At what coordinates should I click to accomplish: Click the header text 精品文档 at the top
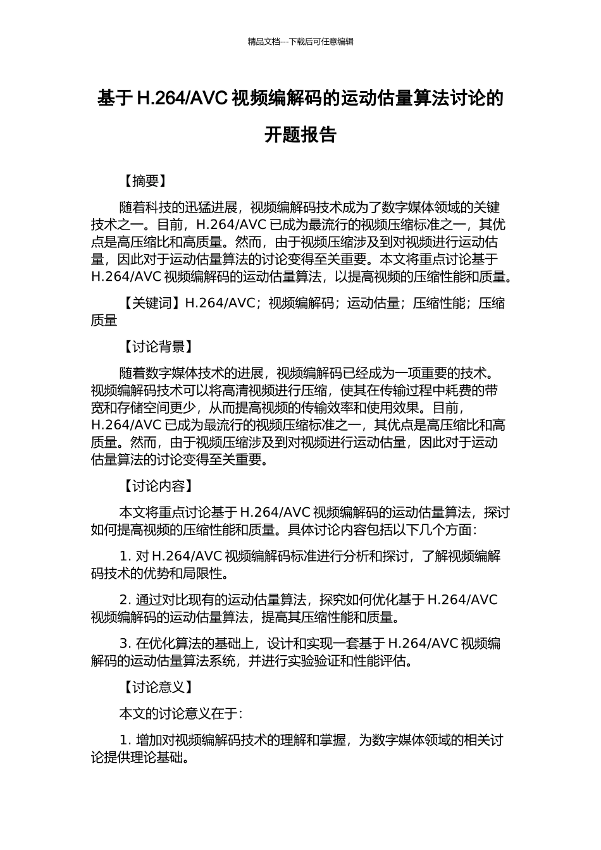(263, 42)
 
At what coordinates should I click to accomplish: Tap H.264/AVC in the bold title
(183, 99)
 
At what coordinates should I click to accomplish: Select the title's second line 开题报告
(300, 135)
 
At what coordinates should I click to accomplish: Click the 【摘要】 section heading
(145, 182)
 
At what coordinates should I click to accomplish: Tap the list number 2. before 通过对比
(125, 600)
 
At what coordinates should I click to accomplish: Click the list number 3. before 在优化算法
(125, 644)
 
